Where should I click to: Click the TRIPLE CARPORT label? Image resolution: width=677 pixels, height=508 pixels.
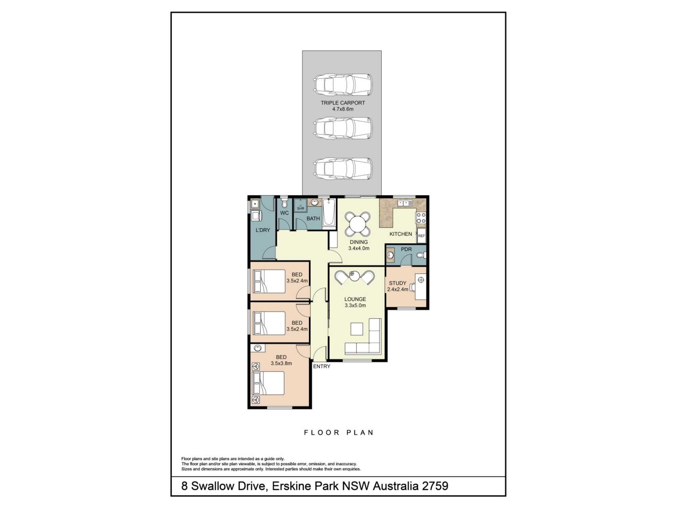click(x=343, y=103)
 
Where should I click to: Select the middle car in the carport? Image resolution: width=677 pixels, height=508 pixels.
click(x=343, y=128)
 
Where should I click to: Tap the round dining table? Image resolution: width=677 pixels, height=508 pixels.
click(x=358, y=224)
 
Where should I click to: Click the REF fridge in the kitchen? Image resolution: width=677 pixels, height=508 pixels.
click(x=421, y=236)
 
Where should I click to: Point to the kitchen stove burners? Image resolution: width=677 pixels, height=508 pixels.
click(x=421, y=218)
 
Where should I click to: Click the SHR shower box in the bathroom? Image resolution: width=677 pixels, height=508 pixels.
click(x=300, y=206)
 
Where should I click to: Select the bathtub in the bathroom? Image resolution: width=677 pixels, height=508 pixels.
click(x=329, y=213)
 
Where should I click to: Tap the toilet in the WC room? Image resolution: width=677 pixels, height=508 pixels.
click(x=284, y=203)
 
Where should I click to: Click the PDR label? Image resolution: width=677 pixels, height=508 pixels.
click(x=406, y=249)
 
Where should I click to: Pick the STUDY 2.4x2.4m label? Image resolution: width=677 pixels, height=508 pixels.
click(x=398, y=286)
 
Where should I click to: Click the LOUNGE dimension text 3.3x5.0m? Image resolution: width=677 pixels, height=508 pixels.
click(x=355, y=305)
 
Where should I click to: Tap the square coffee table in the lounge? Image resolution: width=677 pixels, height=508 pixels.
click(x=357, y=329)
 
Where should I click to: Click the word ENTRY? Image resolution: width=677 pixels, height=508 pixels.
click(x=322, y=366)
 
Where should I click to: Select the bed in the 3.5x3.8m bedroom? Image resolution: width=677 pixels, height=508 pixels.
click(x=268, y=383)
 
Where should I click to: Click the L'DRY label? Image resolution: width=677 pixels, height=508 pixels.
click(x=263, y=230)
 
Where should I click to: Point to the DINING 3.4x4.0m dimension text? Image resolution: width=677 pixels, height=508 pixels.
click(x=359, y=248)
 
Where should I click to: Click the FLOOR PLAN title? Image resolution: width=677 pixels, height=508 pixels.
click(x=338, y=432)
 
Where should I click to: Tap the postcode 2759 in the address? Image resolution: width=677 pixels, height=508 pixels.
click(x=435, y=486)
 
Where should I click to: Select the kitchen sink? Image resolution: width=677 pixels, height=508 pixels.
click(x=405, y=203)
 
